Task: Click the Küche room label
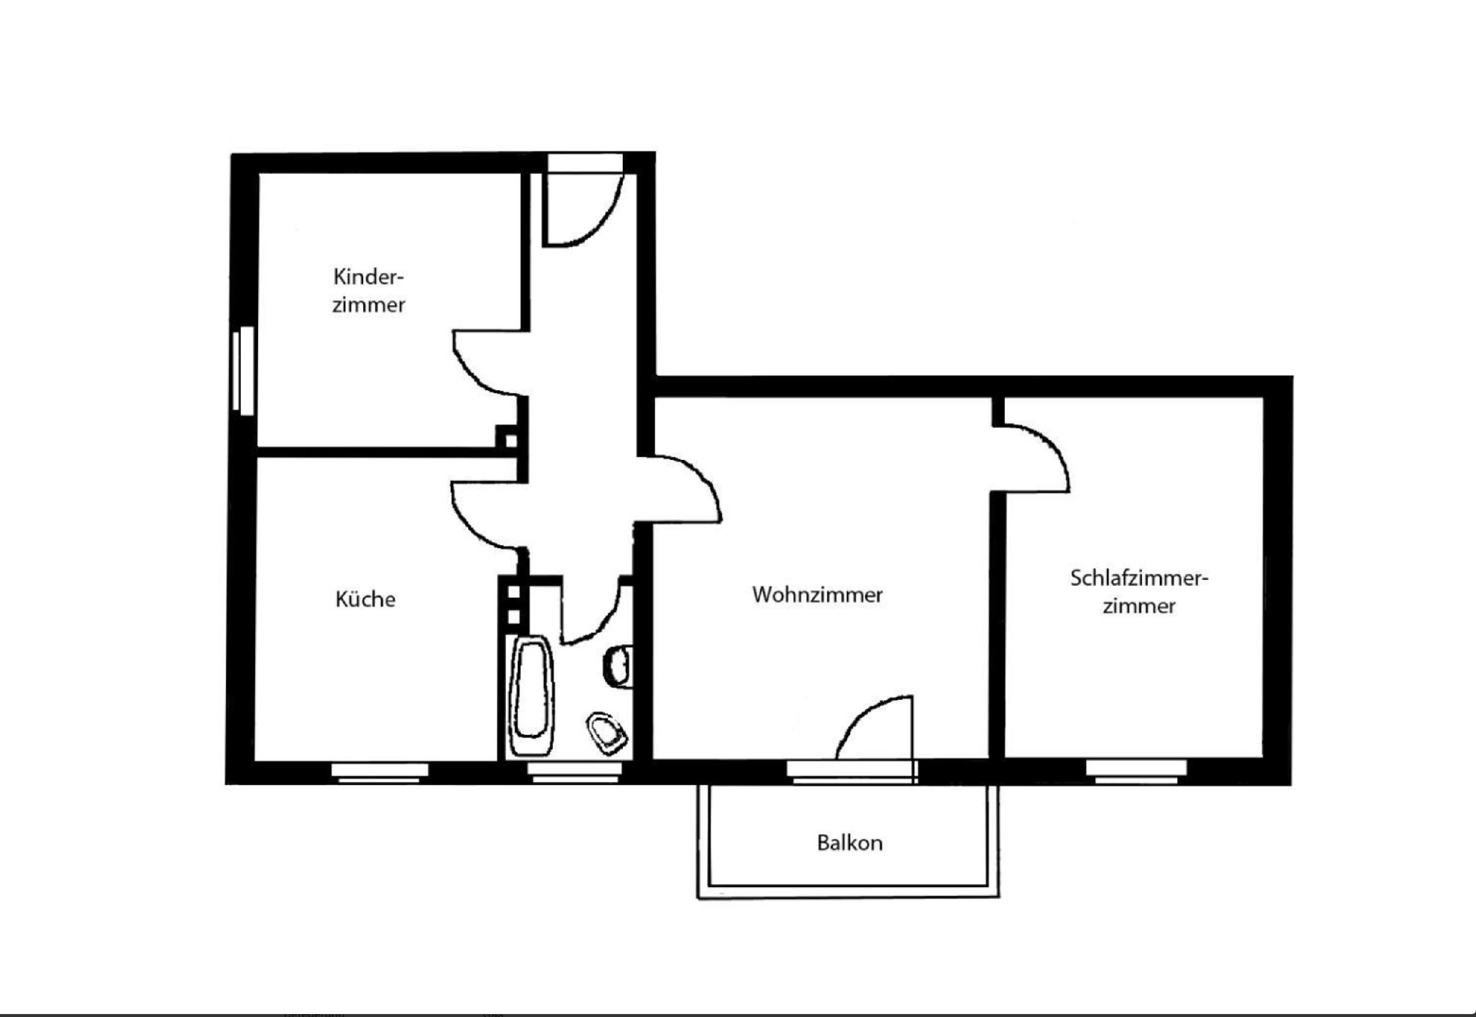pos(365,599)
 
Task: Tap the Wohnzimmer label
pos(817,595)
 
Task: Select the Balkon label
pos(850,843)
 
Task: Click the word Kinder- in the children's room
pos(369,277)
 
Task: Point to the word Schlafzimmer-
pos(1139,579)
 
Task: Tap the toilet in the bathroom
pos(608,732)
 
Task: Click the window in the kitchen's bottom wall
pos(380,773)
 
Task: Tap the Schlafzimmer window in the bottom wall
pos(1137,772)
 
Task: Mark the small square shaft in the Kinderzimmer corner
pos(507,438)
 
